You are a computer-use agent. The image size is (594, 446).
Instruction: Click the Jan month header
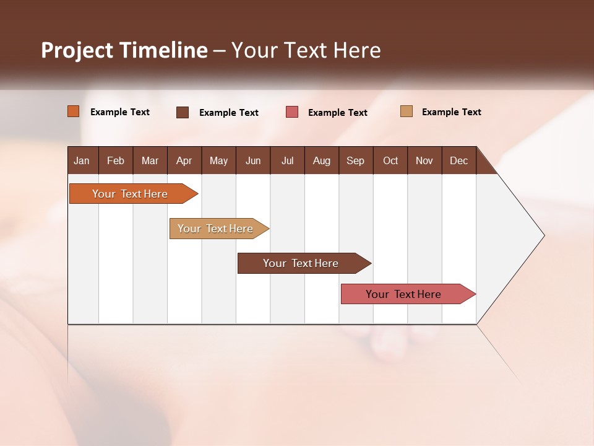tap(82, 160)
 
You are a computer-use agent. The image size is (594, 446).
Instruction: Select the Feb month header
tap(116, 160)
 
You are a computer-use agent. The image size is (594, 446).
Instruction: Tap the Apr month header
tap(184, 160)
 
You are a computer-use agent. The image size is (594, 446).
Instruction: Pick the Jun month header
tap(253, 160)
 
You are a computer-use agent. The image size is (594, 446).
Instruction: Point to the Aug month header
tap(322, 160)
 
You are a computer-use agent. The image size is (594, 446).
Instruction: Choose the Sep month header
tap(356, 160)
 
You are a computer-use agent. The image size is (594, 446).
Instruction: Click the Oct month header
tap(390, 160)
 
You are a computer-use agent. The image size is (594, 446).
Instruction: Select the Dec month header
tap(459, 160)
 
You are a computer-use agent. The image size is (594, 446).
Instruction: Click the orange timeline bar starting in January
tap(130, 194)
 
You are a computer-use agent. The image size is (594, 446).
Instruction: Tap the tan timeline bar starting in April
tap(215, 229)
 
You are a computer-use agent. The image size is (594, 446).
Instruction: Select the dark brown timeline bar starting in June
tap(301, 263)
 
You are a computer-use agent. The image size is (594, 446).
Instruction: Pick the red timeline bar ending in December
tap(403, 294)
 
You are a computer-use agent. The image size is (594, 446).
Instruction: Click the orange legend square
tap(74, 111)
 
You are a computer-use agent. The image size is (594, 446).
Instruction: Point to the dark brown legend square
tap(183, 112)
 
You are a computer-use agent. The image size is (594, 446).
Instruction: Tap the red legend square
tap(292, 112)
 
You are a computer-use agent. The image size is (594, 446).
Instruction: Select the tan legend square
tap(407, 111)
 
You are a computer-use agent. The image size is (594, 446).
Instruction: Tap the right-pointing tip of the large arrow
tap(542, 235)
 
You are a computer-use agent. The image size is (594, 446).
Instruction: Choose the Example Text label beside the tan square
tap(451, 112)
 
